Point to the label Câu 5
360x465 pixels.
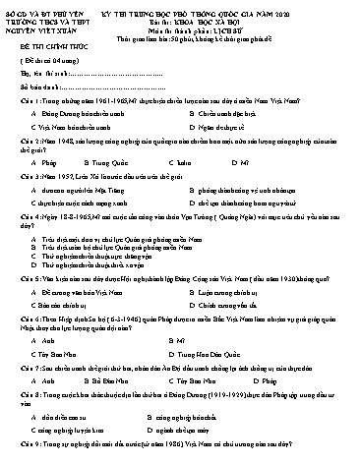tap(17, 304)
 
